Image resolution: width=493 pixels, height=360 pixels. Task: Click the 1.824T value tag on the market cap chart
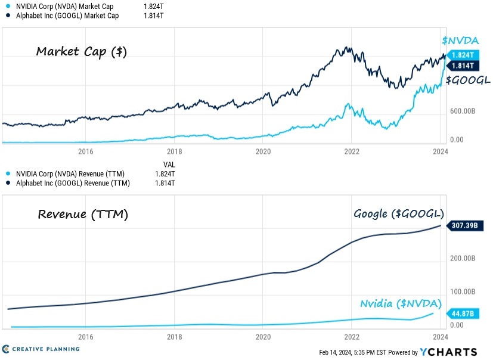(463, 55)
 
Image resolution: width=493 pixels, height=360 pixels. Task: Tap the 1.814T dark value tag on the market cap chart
(463, 66)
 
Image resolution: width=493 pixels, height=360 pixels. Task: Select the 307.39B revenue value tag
(465, 225)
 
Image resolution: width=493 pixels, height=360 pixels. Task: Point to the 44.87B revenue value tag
(463, 314)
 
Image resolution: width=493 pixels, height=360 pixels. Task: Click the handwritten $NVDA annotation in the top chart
(460, 41)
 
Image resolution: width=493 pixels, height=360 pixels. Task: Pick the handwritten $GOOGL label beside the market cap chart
(468, 80)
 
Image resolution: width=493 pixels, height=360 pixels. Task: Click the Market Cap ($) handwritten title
(82, 52)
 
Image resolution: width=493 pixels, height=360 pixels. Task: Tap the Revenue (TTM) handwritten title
(83, 215)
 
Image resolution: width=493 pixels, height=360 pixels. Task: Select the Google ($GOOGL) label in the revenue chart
(399, 214)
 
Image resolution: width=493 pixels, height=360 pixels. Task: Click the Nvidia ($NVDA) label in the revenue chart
(401, 304)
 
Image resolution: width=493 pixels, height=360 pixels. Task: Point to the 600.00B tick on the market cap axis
(463, 111)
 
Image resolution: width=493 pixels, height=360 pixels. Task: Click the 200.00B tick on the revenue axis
(463, 258)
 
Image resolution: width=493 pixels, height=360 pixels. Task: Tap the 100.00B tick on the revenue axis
(463, 291)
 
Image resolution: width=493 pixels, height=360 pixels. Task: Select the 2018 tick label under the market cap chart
(175, 151)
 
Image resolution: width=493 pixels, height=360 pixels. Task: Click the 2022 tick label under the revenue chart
(352, 337)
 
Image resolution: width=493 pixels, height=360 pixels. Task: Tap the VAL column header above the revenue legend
(169, 165)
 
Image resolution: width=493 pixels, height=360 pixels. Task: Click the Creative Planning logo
(41, 349)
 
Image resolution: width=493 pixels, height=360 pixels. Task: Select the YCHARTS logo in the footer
(448, 352)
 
